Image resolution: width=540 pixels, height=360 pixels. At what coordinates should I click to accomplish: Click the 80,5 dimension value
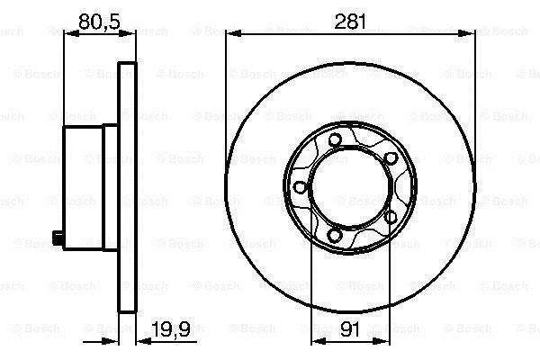point(100,22)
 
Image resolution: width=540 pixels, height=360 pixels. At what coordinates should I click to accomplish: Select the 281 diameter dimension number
point(350,22)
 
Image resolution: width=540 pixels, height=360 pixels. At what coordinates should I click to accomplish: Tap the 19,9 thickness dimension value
point(171,329)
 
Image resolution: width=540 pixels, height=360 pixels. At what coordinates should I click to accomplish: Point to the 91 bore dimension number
point(350,329)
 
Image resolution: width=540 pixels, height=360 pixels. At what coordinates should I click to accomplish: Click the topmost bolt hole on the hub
point(335,139)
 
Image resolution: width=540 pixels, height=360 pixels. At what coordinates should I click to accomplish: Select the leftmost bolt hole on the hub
point(301,187)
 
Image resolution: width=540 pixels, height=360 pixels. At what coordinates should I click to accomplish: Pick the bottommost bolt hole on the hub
point(334,235)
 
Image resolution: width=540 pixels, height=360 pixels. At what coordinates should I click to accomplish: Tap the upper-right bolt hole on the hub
point(391,158)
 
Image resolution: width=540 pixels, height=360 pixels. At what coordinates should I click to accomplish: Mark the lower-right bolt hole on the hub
point(391,217)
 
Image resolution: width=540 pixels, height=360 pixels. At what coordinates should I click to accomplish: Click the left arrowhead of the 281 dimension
point(233,34)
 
